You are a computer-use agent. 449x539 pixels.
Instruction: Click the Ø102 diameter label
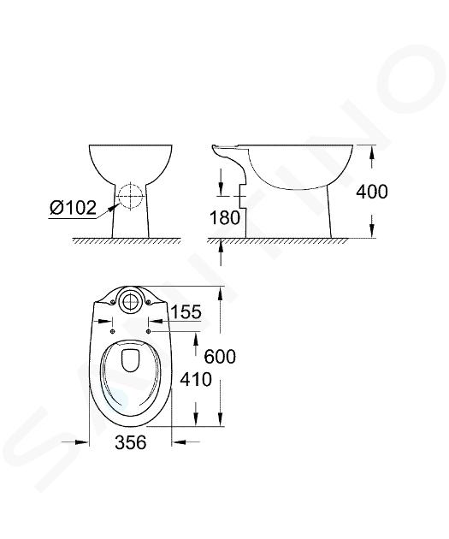tap(73, 208)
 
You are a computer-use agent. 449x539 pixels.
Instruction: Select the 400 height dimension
tap(372, 192)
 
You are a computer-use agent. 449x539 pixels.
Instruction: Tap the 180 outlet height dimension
tap(225, 217)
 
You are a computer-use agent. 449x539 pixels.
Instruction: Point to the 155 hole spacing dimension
tap(186, 312)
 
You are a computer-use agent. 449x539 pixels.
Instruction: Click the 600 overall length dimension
tap(220, 357)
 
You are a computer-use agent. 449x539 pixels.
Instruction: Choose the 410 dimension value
tap(196, 380)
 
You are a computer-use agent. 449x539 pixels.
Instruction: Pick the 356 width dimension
tap(131, 442)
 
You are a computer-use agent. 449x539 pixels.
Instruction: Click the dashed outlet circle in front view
tap(131, 196)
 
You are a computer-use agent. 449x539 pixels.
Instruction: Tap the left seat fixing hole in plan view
tap(112, 331)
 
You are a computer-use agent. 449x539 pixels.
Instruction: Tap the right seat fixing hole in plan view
tap(149, 331)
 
